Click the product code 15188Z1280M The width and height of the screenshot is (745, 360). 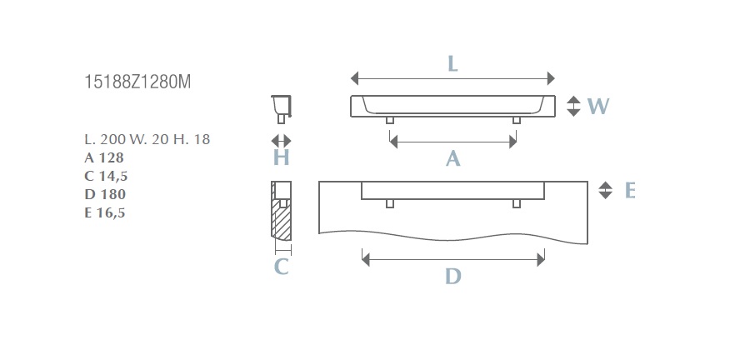click(x=137, y=82)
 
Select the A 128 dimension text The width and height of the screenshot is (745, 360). click(x=104, y=157)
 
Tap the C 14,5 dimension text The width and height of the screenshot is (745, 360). click(x=106, y=176)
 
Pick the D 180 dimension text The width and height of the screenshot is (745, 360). click(x=105, y=194)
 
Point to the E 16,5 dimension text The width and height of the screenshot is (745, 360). click(x=105, y=212)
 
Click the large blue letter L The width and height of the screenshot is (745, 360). click(x=452, y=63)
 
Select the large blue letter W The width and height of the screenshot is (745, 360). click(x=597, y=106)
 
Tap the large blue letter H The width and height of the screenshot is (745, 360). click(x=282, y=157)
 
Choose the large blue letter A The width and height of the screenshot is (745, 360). click(x=452, y=158)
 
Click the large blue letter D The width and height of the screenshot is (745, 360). click(x=452, y=276)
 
